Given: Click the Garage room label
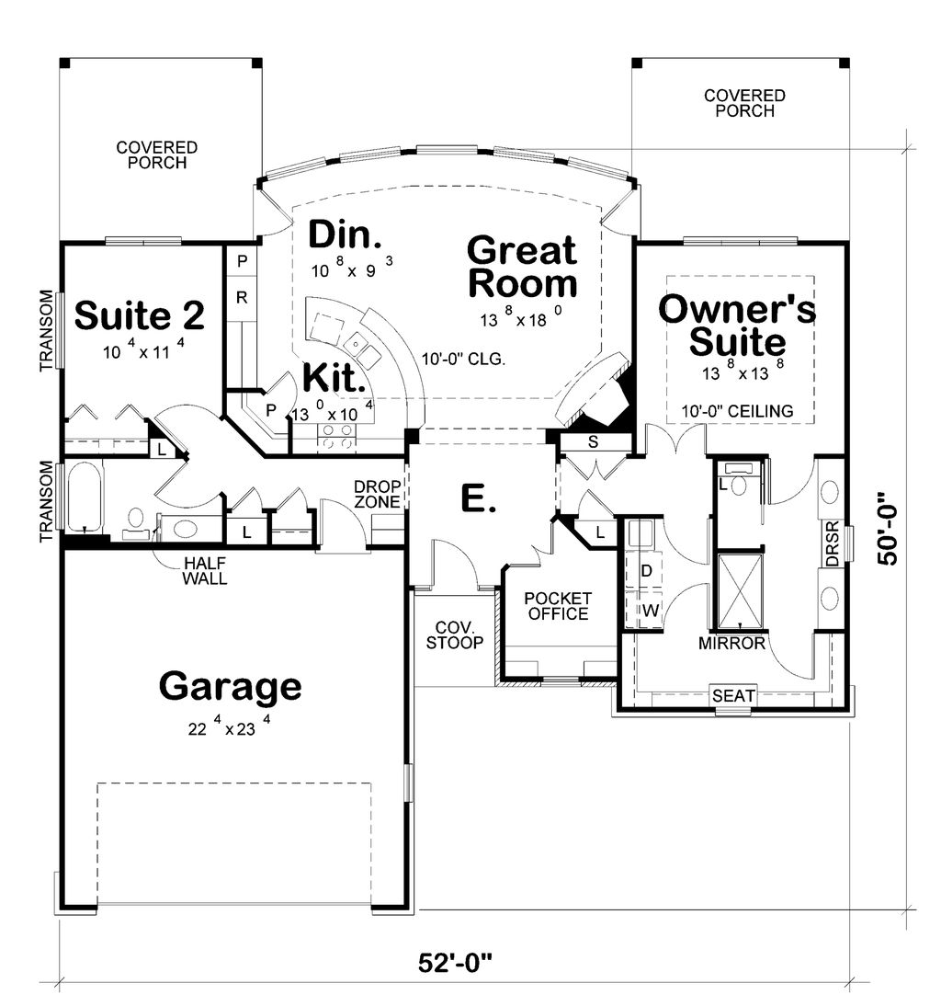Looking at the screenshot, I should [230, 686].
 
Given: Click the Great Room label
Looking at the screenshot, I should [522, 267].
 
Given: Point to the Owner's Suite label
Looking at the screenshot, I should [738, 326].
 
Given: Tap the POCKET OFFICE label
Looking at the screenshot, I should [557, 606].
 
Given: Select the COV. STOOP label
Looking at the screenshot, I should [455, 635].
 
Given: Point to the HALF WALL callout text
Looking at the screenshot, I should [205, 570].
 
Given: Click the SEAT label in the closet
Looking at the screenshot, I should [734, 697].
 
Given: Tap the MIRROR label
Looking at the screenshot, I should [731, 644].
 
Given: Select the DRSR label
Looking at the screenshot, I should [833, 550].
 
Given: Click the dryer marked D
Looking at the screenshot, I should [646, 571].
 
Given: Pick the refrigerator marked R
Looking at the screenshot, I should [242, 298].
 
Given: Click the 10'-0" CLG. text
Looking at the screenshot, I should [463, 360].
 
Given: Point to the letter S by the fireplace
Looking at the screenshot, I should [593, 442].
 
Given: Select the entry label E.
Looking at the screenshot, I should [477, 499].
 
